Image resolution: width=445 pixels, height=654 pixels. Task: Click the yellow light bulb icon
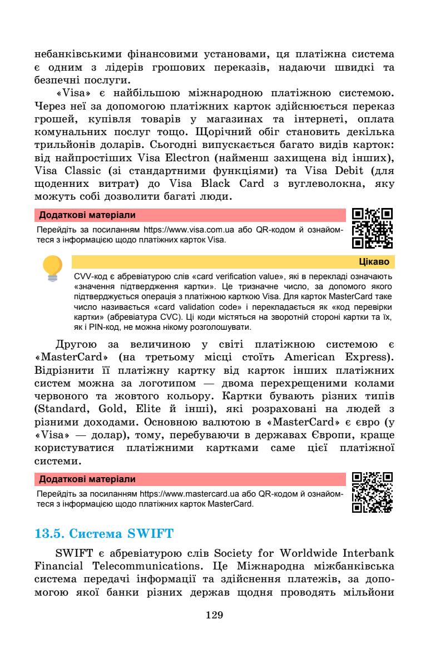pyautogui.click(x=54, y=266)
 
